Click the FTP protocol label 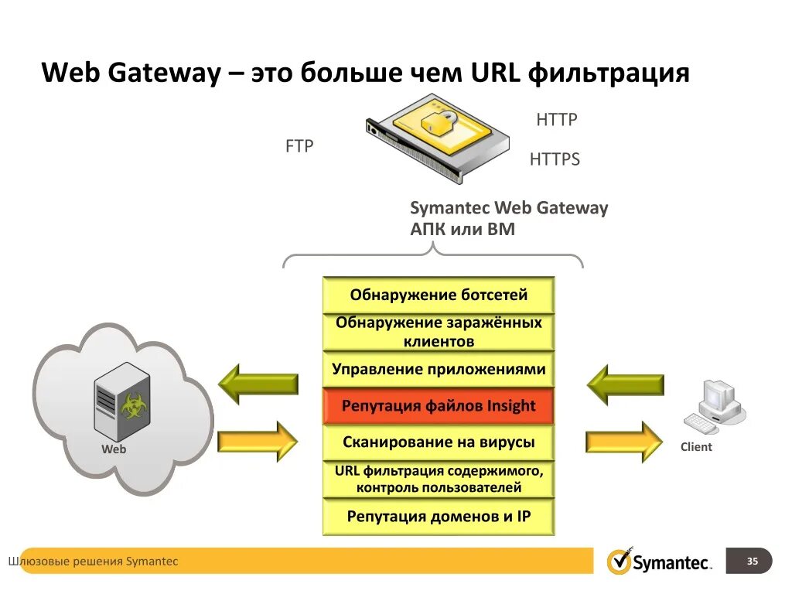coord(299,145)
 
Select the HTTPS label coord(555,159)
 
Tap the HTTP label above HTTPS coord(557,120)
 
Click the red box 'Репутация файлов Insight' coord(439,406)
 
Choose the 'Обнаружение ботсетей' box coord(439,295)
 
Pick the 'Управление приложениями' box coord(439,369)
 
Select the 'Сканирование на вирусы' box coord(439,442)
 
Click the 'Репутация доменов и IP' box coord(439,516)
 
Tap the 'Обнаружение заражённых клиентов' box coord(439,332)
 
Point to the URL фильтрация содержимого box coord(439,480)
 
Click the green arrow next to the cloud coord(258,384)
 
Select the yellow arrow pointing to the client coord(624,442)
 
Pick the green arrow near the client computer coord(624,384)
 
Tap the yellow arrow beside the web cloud coord(258,442)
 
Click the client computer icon coord(712,407)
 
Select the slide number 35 coord(752,562)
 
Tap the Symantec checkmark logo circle coord(620,562)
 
